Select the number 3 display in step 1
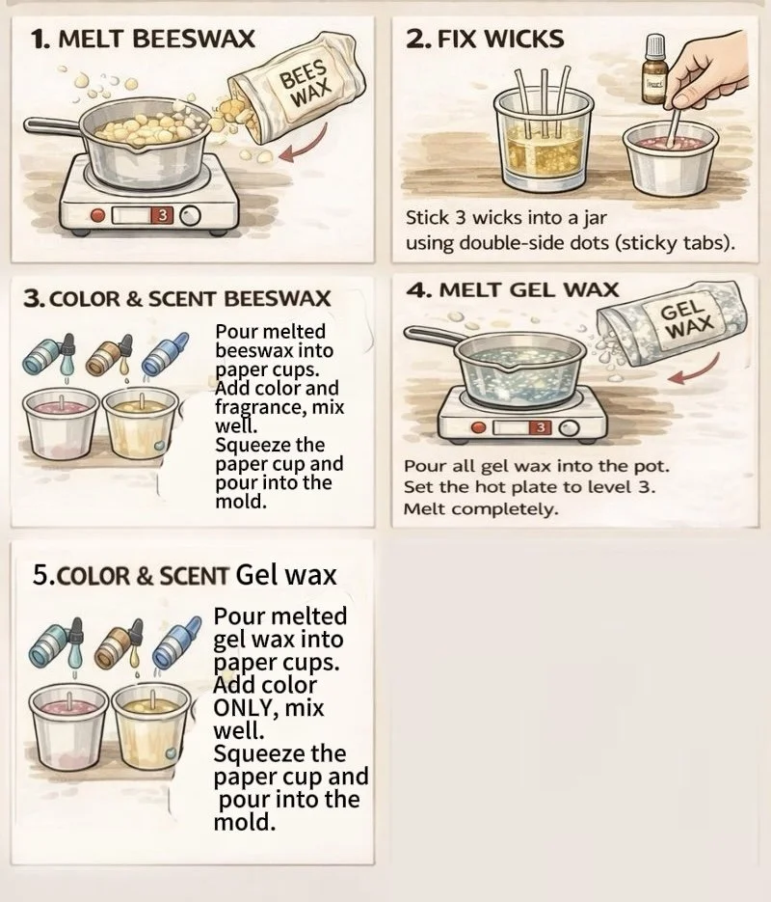click(x=163, y=216)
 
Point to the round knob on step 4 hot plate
click(x=569, y=428)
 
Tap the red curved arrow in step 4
click(x=697, y=369)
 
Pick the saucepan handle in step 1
click(x=53, y=127)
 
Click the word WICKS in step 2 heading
click(x=524, y=40)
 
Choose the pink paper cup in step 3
click(x=60, y=424)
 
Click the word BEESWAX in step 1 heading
click(x=194, y=40)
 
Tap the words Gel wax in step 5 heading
click(x=285, y=575)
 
